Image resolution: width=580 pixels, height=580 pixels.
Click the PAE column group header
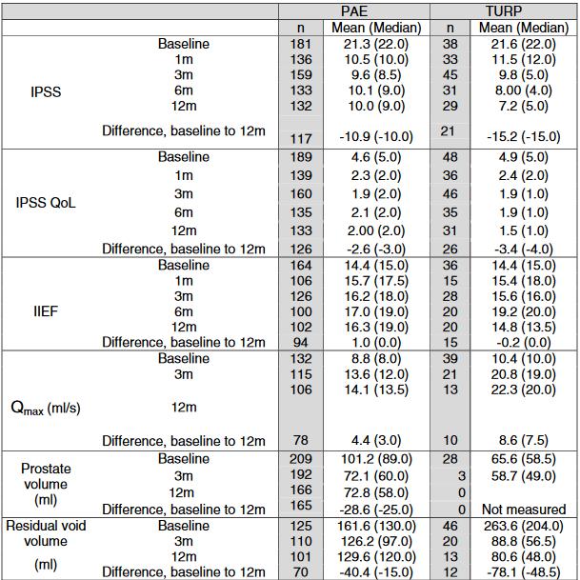pyautogui.click(x=354, y=11)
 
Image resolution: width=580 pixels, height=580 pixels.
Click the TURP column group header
pyautogui.click(x=504, y=11)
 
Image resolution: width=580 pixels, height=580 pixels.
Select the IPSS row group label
pyautogui.click(x=46, y=91)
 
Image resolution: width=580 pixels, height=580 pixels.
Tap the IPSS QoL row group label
pyautogui.click(x=46, y=203)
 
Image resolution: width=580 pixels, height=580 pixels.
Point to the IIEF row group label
pyautogui.click(x=46, y=311)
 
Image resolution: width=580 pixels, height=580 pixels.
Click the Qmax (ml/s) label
pyautogui.click(x=46, y=408)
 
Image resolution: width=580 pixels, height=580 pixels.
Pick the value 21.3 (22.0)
pyautogui.click(x=376, y=44)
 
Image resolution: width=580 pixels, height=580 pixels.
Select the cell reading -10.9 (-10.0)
pyautogui.click(x=376, y=137)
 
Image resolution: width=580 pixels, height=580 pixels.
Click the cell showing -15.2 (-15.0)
pyautogui.click(x=524, y=137)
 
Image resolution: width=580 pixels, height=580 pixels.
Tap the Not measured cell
pyautogui.click(x=524, y=510)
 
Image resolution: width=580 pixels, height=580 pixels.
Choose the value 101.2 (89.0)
pyautogui.click(x=376, y=459)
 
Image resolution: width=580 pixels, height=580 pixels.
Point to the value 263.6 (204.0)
pyautogui.click(x=524, y=526)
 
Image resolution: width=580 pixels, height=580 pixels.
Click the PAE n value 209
pyautogui.click(x=301, y=459)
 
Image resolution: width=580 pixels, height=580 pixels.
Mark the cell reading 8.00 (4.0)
pyautogui.click(x=524, y=90)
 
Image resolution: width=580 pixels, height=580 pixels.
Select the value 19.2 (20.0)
pyautogui.click(x=524, y=311)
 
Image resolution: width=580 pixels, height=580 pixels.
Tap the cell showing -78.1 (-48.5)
pyautogui.click(x=524, y=572)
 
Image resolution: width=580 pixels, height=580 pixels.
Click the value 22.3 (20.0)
pyautogui.click(x=524, y=390)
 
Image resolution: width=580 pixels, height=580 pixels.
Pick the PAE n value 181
pyautogui.click(x=301, y=44)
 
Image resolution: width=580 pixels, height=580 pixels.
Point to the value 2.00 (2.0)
pyautogui.click(x=376, y=230)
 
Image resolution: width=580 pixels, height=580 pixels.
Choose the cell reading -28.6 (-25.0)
pyautogui.click(x=376, y=510)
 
